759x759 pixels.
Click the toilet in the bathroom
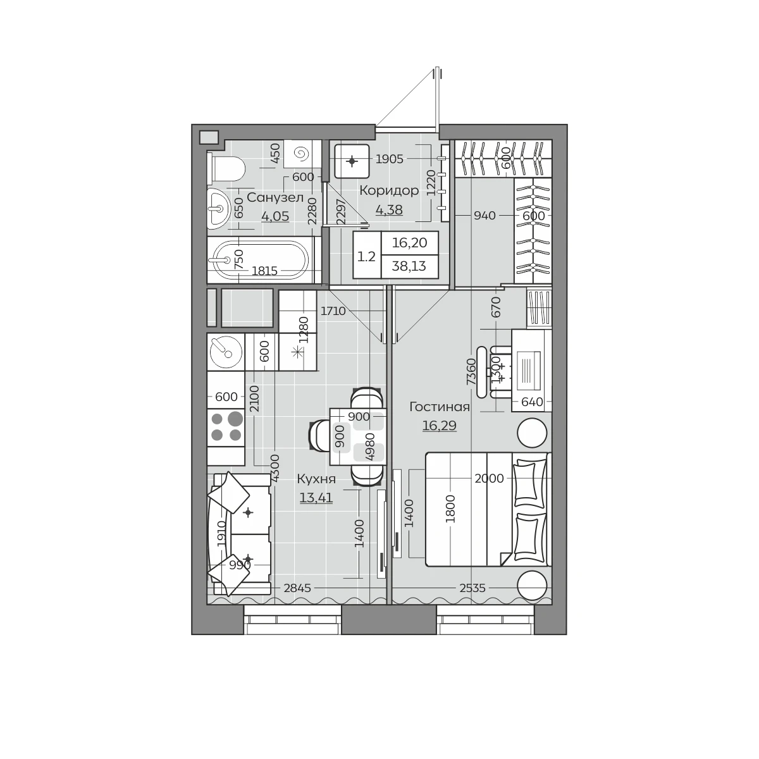coord(226,168)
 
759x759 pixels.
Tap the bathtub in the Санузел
coord(261,260)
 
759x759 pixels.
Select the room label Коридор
coord(389,190)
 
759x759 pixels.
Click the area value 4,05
coord(275,216)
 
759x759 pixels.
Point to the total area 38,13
coord(409,266)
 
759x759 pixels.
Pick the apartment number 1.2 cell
coord(367,257)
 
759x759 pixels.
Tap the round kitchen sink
coord(226,352)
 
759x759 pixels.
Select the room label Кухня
coord(316,479)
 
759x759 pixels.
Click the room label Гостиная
coord(440,407)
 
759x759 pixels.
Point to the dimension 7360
coord(471,371)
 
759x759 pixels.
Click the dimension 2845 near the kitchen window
coord(297,588)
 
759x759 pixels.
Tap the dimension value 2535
coord(472,588)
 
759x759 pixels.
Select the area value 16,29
coord(440,426)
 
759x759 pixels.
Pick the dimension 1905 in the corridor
coord(389,159)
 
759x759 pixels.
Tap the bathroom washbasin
coord(219,208)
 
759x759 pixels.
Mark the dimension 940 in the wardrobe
coord(484,216)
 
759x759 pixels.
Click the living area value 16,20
coord(410,243)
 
